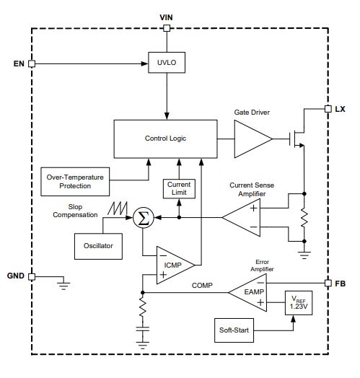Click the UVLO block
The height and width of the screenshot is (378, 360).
pyautogui.click(x=167, y=63)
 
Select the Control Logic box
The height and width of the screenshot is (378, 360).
pyautogui.click(x=165, y=139)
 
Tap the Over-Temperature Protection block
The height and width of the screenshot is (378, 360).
pyautogui.click(x=75, y=182)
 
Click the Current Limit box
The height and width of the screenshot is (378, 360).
pyautogui.click(x=179, y=189)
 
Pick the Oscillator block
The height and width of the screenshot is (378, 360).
pyautogui.click(x=98, y=246)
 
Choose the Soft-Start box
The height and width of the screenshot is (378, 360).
pyautogui.click(x=234, y=330)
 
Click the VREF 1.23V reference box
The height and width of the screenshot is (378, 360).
pyautogui.click(x=299, y=303)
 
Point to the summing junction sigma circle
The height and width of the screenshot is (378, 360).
pyautogui.click(x=144, y=218)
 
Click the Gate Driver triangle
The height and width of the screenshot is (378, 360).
pyautogui.click(x=253, y=139)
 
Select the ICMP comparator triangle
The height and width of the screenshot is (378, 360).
pyautogui.click(x=175, y=265)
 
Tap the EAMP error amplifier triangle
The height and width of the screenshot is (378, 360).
pyautogui.click(x=247, y=292)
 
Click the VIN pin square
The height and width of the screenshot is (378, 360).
pyautogui.click(x=167, y=28)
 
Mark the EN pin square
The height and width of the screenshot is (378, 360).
pyautogui.click(x=32, y=63)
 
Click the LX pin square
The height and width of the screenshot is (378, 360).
pyautogui.click(x=328, y=109)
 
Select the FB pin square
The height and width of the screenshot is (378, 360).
pyautogui.click(x=328, y=283)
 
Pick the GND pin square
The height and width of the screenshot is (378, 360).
pyautogui.click(x=32, y=276)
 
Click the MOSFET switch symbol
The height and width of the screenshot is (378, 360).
pyautogui.click(x=297, y=139)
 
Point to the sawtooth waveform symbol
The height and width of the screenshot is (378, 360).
pyautogui.click(x=118, y=208)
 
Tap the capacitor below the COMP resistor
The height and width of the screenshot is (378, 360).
pyautogui.click(x=143, y=329)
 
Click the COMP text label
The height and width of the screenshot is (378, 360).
pyautogui.click(x=202, y=286)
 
